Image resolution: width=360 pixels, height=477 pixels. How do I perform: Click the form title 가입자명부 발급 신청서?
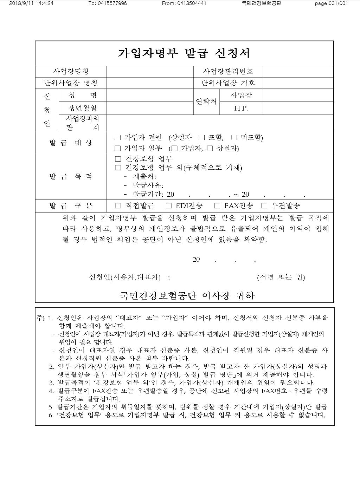tap(184, 53)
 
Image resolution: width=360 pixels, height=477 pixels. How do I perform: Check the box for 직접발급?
tap(118, 206)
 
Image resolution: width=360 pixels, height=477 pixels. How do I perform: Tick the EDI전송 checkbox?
tap(169, 206)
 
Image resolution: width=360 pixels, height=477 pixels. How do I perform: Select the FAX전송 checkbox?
tap(217, 206)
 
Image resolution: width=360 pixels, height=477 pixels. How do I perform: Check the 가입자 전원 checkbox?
tap(118, 137)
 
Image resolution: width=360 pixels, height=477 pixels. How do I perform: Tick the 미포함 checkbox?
tap(234, 137)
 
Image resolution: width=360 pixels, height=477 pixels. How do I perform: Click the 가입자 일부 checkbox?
tap(118, 148)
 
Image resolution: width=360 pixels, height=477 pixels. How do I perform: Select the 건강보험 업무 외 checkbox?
tap(118, 168)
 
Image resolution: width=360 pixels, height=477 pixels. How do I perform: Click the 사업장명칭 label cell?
tap(71, 71)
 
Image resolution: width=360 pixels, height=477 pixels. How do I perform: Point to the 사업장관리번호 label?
tap(228, 71)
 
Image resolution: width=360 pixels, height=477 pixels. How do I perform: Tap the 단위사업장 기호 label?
tap(228, 83)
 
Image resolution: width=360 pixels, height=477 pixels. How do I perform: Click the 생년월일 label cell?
tap(82, 108)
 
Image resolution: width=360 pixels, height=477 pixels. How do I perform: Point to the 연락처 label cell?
tap(206, 102)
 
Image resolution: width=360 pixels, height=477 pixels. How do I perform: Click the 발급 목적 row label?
tap(71, 176)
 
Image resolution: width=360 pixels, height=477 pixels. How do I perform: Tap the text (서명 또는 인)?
tap(281, 277)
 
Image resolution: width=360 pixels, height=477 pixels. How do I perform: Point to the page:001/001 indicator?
tap(331, 4)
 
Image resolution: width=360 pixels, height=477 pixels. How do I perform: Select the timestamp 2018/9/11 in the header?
tap(20, 4)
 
